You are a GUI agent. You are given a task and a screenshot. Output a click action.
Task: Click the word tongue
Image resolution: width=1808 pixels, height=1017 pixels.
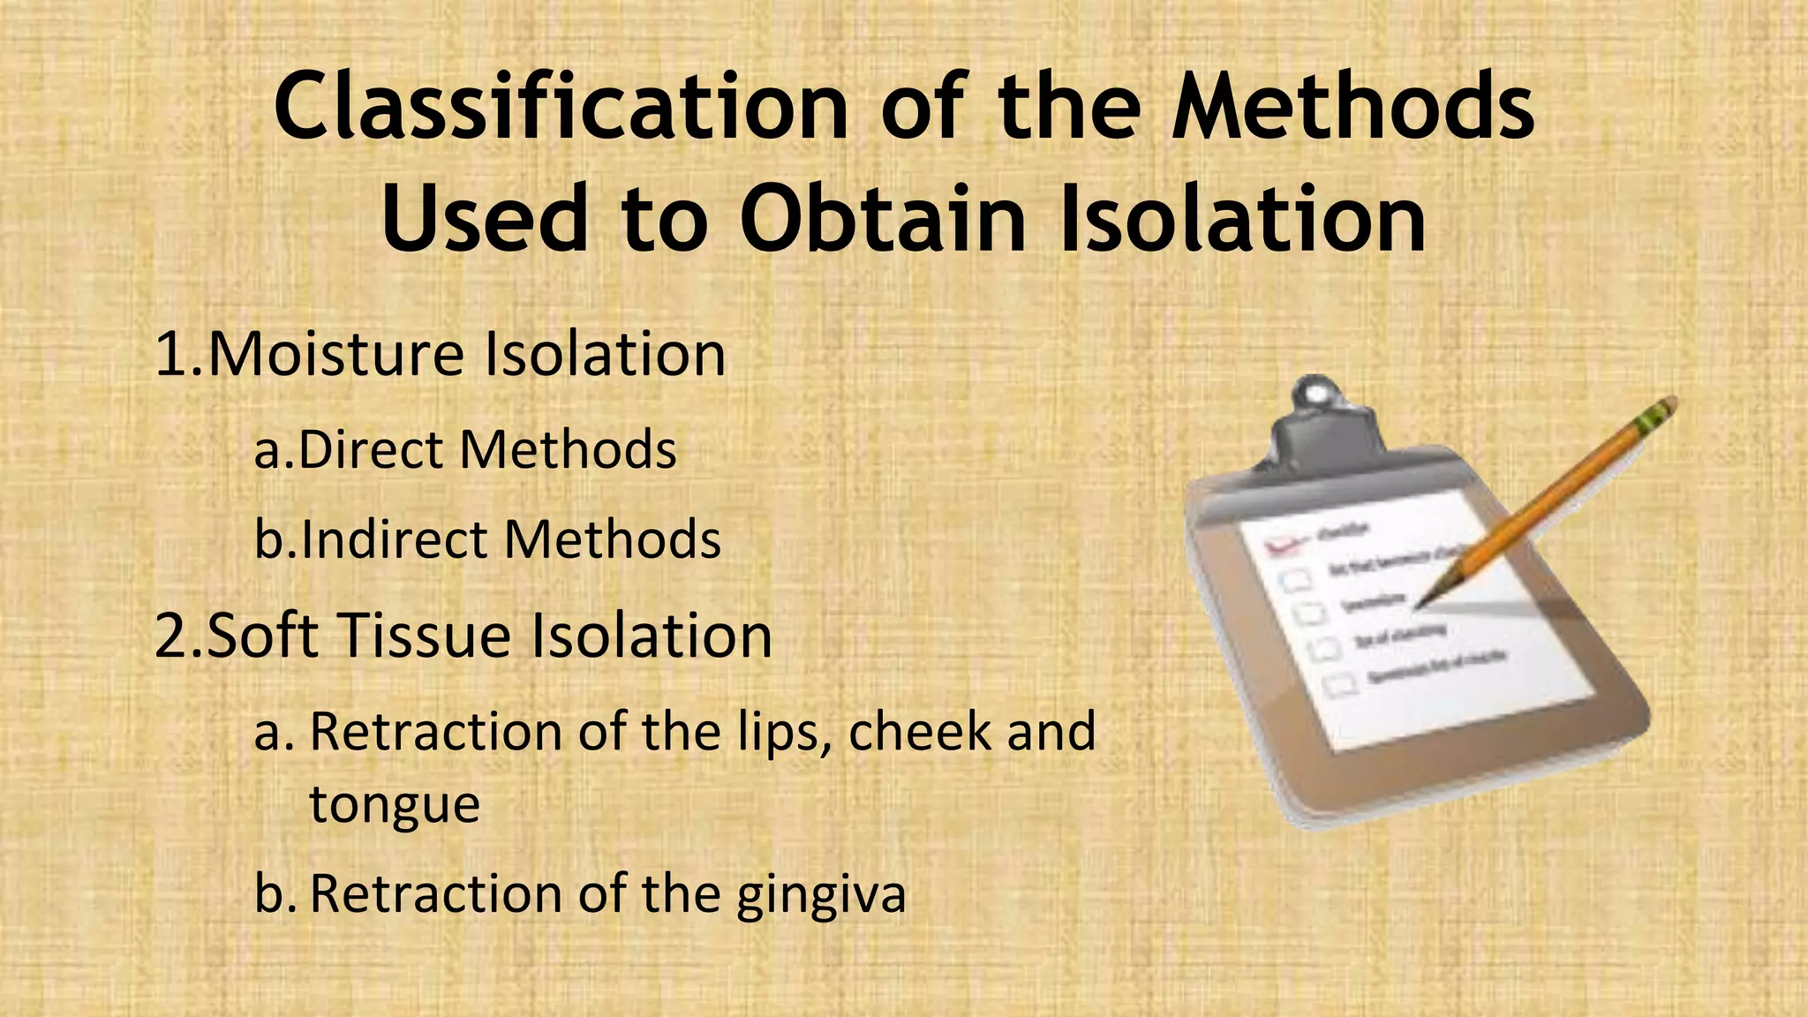point(394,804)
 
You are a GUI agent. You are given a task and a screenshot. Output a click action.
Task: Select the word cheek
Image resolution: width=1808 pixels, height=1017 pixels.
point(919,732)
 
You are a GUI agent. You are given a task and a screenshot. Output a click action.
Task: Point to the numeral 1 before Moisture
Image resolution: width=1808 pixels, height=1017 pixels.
point(169,353)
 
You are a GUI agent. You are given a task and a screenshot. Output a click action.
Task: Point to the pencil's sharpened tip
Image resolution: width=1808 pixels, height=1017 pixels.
point(1423,604)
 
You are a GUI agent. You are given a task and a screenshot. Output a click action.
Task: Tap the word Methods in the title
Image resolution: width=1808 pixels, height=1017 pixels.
point(1352,108)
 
